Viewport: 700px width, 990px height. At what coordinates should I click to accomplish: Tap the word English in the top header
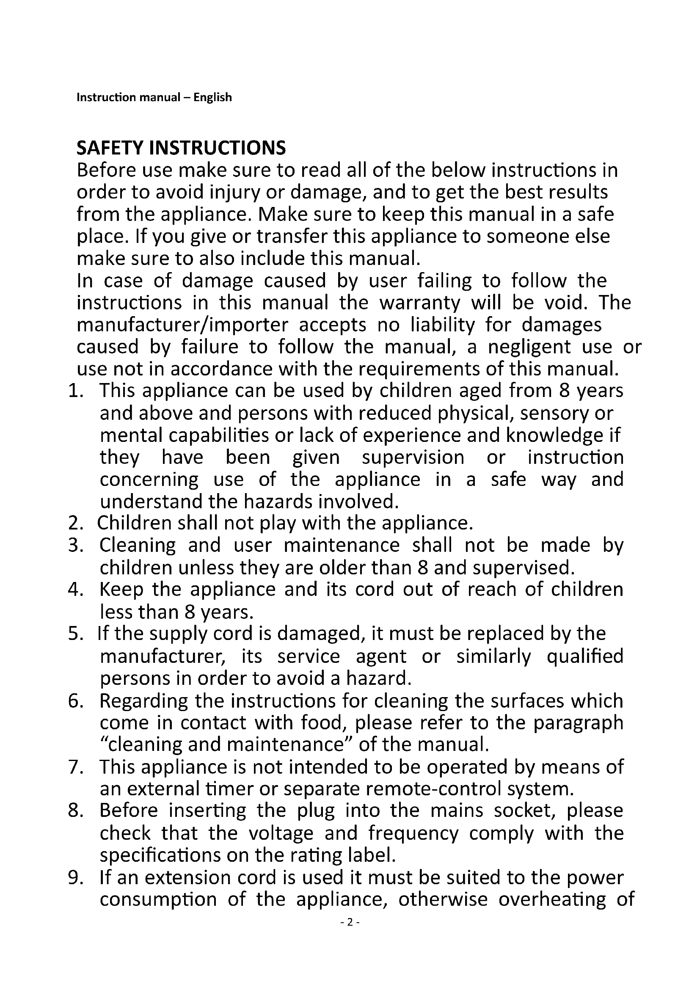click(212, 97)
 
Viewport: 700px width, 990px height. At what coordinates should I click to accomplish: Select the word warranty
click(419, 303)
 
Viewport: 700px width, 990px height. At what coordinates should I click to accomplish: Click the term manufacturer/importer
click(182, 325)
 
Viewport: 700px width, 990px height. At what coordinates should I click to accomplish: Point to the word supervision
click(413, 458)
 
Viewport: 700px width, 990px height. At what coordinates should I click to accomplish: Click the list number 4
click(75, 590)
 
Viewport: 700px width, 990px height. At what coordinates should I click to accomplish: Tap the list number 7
click(75, 767)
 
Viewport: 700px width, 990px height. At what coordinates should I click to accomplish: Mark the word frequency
click(413, 834)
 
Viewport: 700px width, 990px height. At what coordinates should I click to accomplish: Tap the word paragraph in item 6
click(579, 723)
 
